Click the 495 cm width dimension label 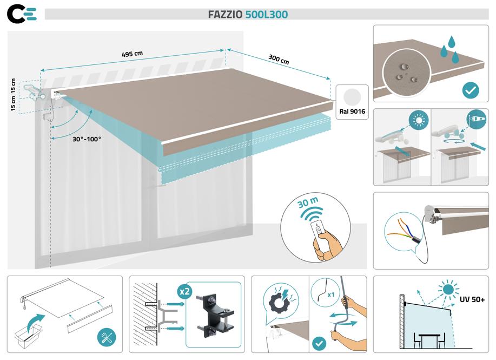132,55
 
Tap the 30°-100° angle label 87,139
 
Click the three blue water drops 449,48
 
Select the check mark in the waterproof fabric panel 471,90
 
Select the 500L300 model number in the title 266,15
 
